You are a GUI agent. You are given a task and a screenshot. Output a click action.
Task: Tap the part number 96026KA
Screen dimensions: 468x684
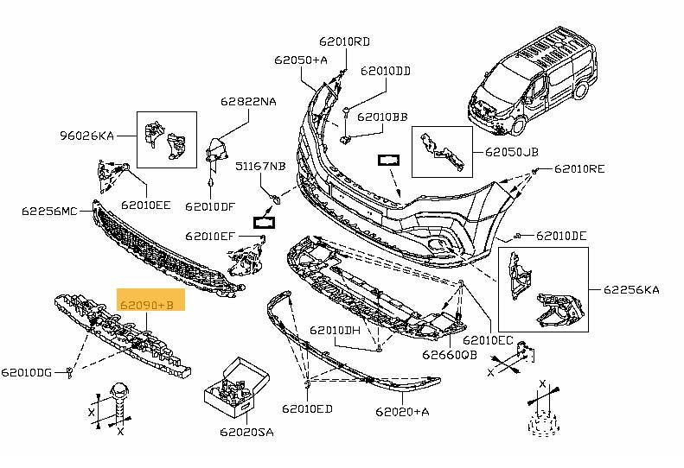pos(86,135)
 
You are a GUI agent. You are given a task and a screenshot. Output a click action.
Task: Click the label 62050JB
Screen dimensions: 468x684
pos(511,152)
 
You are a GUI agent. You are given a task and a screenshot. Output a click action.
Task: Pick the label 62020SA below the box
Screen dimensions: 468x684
pos(248,429)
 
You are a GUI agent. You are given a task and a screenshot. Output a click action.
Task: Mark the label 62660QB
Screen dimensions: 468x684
pos(450,352)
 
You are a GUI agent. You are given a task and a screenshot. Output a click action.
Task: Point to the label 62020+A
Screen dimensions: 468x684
pos(403,412)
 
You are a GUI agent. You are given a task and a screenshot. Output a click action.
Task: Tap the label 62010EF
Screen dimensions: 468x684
pos(209,235)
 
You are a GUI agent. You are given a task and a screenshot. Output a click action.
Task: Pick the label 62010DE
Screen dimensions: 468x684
pos(561,236)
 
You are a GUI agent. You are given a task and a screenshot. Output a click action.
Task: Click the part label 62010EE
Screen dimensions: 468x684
pos(146,205)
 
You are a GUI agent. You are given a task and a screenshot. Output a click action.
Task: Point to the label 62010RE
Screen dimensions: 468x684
pos(579,169)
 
